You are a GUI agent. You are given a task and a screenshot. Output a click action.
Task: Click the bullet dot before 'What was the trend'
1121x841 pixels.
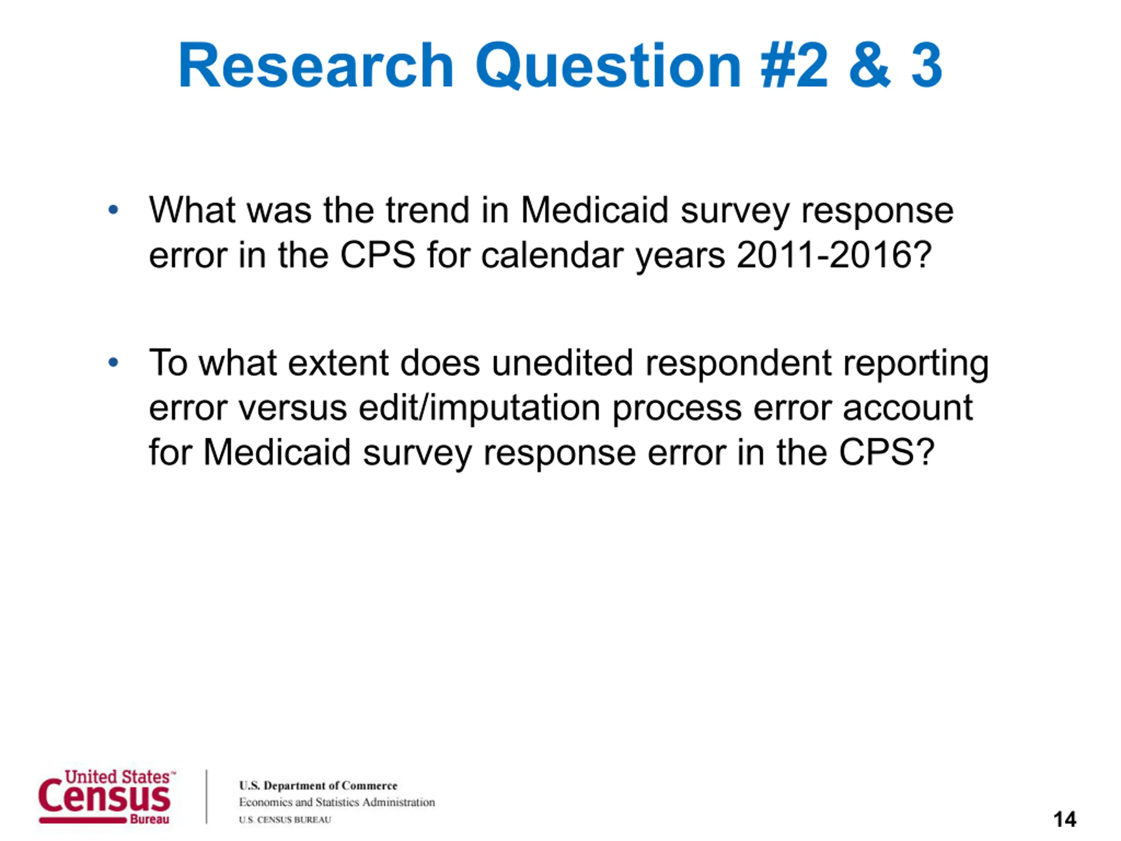tap(113, 209)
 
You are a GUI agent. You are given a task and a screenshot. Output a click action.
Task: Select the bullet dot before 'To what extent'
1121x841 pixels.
tap(113, 362)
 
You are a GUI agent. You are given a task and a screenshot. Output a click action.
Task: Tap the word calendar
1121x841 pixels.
tap(552, 254)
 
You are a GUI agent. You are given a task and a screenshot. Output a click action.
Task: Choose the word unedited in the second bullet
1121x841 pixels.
tap(563, 363)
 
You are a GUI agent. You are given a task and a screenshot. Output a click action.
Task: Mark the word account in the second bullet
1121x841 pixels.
tap(908, 409)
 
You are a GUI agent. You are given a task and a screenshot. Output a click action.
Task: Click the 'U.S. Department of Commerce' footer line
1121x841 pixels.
tap(318, 785)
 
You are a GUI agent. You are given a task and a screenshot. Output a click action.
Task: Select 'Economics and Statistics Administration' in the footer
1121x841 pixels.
tap(337, 802)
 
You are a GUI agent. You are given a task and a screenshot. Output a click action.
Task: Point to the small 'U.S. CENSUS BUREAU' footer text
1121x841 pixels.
tap(285, 820)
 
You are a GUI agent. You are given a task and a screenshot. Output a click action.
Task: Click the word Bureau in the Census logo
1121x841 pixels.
tap(149, 819)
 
